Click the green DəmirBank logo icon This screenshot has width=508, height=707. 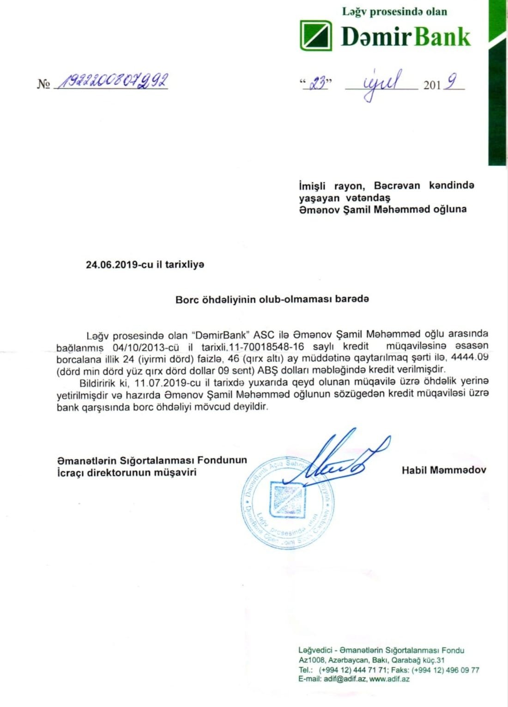[316, 35]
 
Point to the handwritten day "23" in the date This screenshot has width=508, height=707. [317, 83]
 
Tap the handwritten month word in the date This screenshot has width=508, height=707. [381, 84]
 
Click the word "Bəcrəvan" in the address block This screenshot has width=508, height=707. [397, 186]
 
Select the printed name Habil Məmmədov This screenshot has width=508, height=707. [444, 470]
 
